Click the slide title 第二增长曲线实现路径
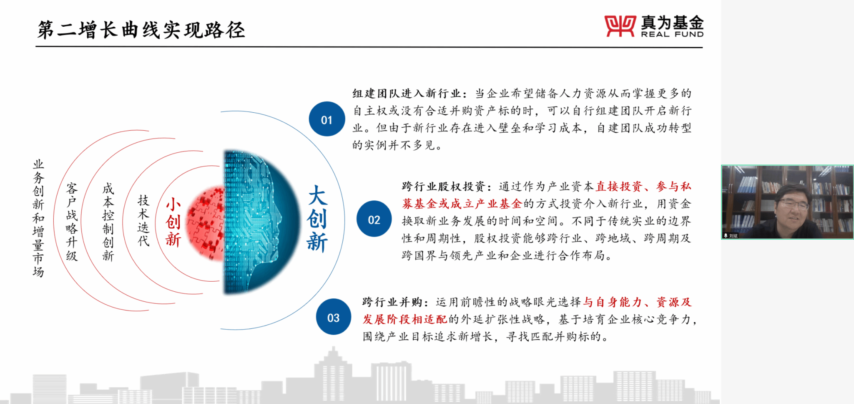tap(141, 30)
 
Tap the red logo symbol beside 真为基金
tap(620, 26)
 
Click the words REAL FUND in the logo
tap(672, 34)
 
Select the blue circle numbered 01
tap(327, 119)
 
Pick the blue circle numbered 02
tap(374, 219)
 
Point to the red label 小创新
tap(173, 222)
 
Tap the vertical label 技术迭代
tap(143, 220)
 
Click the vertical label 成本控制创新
tap(108, 222)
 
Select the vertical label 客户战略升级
tap(72, 222)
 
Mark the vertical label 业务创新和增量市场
tap(38, 218)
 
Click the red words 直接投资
tap(619, 187)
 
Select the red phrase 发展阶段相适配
tap(404, 320)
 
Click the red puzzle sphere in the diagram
tap(206, 223)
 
